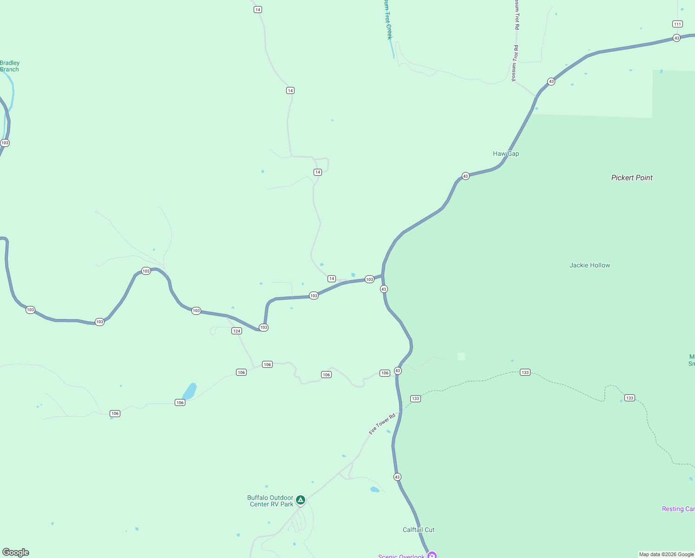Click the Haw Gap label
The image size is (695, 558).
tap(505, 154)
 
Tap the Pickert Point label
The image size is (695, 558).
tap(631, 178)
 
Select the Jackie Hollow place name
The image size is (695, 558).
tap(590, 265)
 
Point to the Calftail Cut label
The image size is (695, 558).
tap(418, 530)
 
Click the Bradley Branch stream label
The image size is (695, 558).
tap(10, 66)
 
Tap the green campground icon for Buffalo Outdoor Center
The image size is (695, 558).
tap(301, 500)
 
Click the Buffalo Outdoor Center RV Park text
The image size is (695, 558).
tap(270, 501)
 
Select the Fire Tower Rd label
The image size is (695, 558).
tap(382, 424)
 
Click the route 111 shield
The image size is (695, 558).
tap(677, 24)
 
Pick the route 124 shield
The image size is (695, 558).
tap(236, 331)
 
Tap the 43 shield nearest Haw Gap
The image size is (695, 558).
tap(466, 176)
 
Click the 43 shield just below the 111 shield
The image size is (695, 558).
tap(676, 38)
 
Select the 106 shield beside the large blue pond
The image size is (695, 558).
tap(180, 403)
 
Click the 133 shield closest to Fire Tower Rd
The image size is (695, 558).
tap(415, 399)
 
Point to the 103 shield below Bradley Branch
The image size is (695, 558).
tap(5, 143)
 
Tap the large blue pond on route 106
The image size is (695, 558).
tap(190, 391)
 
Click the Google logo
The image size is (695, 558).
tap(16, 552)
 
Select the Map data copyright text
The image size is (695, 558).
tap(666, 554)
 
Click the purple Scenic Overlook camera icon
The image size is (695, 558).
tap(432, 555)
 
